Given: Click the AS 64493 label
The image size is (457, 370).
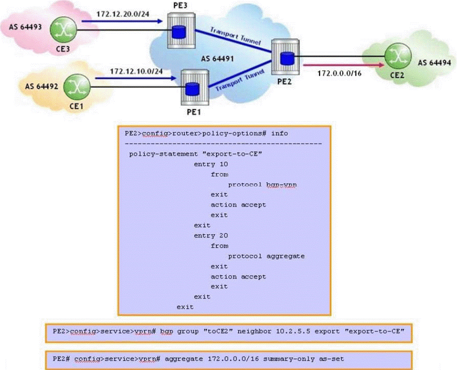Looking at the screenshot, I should (26, 27).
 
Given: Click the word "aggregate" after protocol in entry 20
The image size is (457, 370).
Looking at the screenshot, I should (285, 256).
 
